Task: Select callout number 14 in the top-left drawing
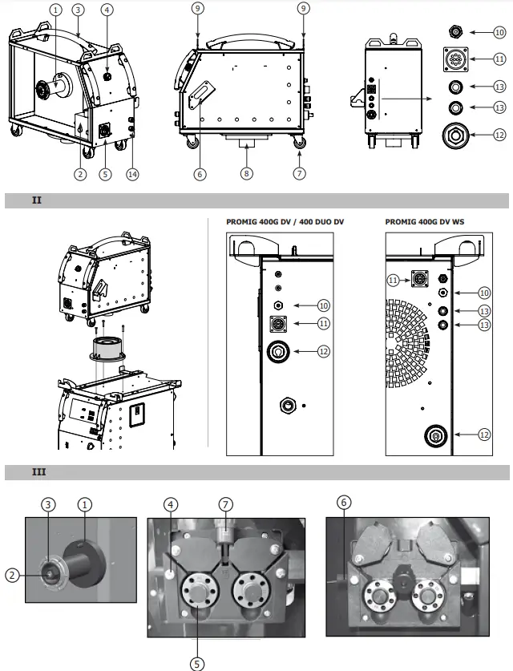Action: (x=132, y=174)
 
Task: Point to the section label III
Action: (x=38, y=471)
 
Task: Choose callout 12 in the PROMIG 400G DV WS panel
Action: (x=483, y=434)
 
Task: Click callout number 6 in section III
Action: (x=344, y=503)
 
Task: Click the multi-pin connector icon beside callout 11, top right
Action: (x=455, y=59)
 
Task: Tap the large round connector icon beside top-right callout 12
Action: (x=456, y=134)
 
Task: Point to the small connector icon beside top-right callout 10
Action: (x=455, y=32)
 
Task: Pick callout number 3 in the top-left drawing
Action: (x=78, y=10)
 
